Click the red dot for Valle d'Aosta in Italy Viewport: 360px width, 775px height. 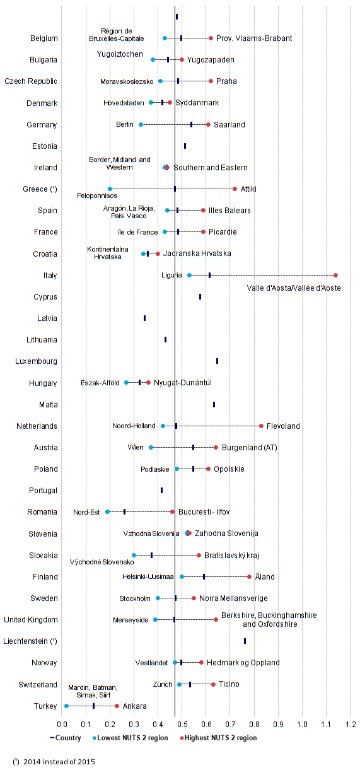click(335, 275)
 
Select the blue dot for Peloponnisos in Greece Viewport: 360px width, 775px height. click(110, 189)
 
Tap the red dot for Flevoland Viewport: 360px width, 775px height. click(261, 426)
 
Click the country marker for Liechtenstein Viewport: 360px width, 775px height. click(245, 641)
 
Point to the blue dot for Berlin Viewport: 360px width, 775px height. click(141, 124)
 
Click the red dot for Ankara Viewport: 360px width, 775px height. click(117, 706)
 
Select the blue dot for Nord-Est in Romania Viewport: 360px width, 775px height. click(107, 511)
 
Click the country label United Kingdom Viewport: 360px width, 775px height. click(31, 620)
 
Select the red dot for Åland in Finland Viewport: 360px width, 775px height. click(249, 576)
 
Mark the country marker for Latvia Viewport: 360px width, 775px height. click(144, 318)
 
